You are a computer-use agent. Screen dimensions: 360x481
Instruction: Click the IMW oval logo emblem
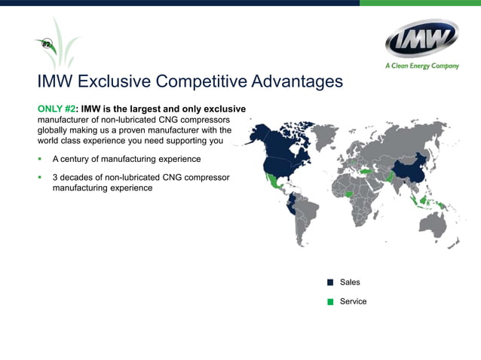[421, 38]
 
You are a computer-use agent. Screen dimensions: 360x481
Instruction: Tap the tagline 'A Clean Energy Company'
[421, 66]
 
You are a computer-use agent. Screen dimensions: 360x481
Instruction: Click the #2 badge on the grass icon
[46, 45]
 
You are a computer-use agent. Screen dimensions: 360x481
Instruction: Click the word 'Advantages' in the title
[296, 81]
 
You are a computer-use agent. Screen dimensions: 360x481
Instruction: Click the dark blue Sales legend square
[330, 282]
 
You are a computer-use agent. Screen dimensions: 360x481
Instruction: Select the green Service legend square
[330, 302]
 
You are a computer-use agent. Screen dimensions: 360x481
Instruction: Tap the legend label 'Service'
[353, 301]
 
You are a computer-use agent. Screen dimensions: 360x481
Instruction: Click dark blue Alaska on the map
[258, 136]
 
